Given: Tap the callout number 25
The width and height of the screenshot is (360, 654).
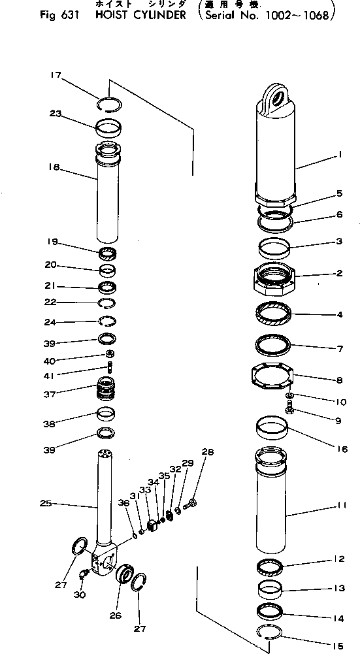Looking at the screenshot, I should click(x=44, y=504).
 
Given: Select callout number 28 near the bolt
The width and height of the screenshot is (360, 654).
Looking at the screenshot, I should click(x=207, y=452).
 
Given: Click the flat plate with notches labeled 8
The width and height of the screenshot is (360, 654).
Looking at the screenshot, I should click(x=274, y=378).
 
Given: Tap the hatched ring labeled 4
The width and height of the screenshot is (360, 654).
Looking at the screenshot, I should click(x=274, y=316).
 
